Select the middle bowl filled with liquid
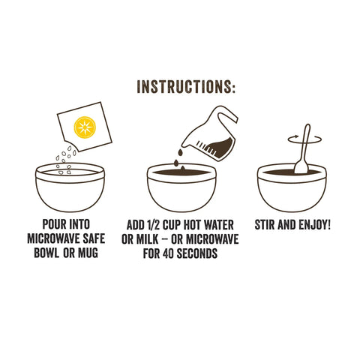(x=179, y=189)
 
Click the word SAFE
(x=103, y=238)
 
